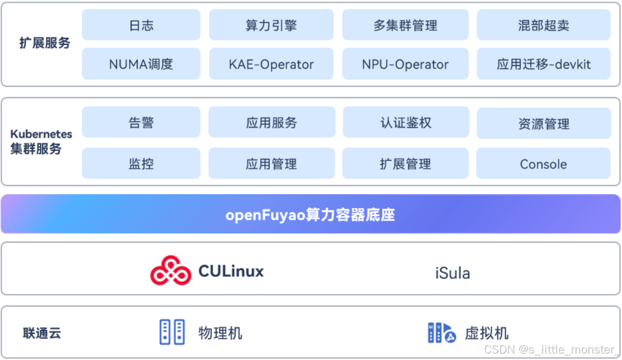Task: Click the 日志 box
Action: point(141,25)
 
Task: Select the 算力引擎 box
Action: point(271,25)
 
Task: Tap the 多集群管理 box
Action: point(405,25)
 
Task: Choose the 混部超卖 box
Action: point(544,25)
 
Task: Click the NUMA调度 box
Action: point(141,65)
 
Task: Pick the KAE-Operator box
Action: point(271,65)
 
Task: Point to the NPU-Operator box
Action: point(405,65)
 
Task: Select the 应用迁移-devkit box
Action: point(544,65)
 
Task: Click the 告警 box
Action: point(141,123)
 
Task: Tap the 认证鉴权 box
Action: point(406,123)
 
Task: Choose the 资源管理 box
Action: point(544,124)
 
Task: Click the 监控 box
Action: point(141,164)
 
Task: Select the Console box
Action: point(543,164)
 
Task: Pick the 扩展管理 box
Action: point(405,164)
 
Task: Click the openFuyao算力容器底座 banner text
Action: point(310,214)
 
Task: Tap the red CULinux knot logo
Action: point(171,271)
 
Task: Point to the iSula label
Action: point(453,273)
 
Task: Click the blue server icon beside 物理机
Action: point(172,332)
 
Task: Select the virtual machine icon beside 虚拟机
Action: point(442,332)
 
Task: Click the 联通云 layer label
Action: point(42,333)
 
